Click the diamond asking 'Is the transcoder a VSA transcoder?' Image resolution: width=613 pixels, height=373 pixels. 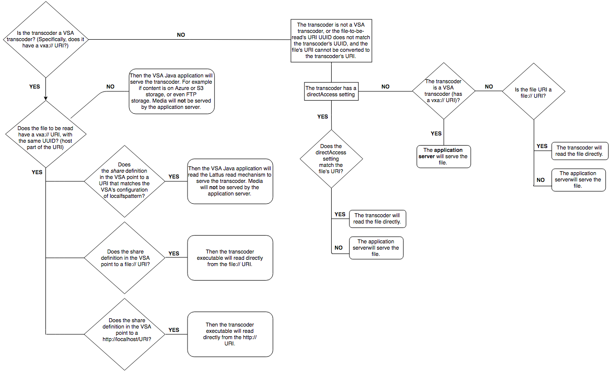(x=45, y=39)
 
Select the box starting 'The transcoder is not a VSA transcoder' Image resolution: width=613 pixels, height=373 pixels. (x=331, y=40)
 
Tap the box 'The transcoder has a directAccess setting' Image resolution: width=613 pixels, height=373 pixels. (x=331, y=91)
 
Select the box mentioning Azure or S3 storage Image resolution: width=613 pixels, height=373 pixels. (x=172, y=92)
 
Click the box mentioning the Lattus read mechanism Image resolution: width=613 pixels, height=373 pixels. (x=230, y=181)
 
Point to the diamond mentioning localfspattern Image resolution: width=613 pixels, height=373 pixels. (x=126, y=180)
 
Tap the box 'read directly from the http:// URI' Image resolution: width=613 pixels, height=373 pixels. (x=230, y=334)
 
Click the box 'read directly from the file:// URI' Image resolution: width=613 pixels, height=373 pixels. (x=230, y=257)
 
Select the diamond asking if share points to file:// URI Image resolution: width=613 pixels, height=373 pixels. (x=126, y=257)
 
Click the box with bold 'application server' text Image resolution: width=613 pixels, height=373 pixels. (x=443, y=156)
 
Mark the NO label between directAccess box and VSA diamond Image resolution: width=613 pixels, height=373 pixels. (x=385, y=87)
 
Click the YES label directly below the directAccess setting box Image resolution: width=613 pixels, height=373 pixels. (x=322, y=117)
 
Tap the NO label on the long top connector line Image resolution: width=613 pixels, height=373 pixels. (x=181, y=35)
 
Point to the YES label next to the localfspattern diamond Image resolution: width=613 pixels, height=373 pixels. (x=174, y=177)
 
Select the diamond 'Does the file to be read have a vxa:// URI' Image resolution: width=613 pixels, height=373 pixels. (x=45, y=137)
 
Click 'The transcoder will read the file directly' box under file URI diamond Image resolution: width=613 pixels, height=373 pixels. (x=580, y=151)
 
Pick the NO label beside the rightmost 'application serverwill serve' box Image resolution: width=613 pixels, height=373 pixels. (x=541, y=179)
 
